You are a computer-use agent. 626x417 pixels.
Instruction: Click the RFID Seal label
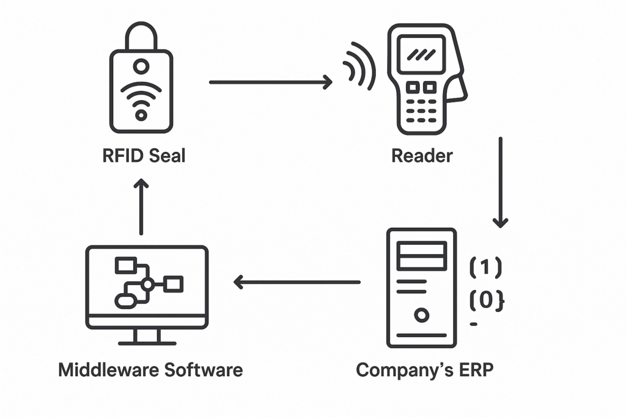tap(144, 155)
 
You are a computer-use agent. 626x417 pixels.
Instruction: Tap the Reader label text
tap(422, 155)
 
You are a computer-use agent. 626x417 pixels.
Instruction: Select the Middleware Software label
tap(150, 370)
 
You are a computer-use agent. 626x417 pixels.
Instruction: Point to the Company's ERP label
tap(424, 370)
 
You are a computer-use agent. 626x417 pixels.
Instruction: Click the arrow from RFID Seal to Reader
tap(270, 82)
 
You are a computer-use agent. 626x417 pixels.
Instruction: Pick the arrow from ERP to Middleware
tap(297, 281)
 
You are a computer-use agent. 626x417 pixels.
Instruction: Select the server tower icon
tap(421, 288)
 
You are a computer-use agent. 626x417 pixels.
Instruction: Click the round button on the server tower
tap(421, 315)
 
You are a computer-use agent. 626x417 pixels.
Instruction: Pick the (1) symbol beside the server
tap(485, 266)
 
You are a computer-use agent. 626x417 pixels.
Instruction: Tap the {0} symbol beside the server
tap(486, 299)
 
